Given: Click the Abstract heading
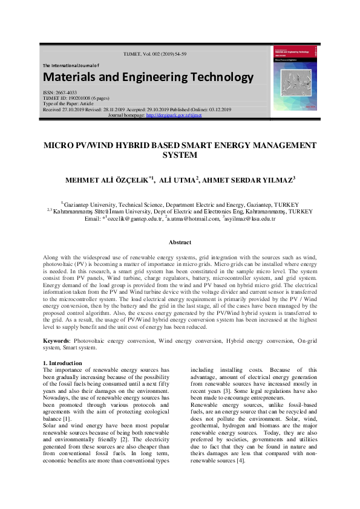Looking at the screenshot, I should point(180,242).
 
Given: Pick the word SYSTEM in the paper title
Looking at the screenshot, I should point(180,155).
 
